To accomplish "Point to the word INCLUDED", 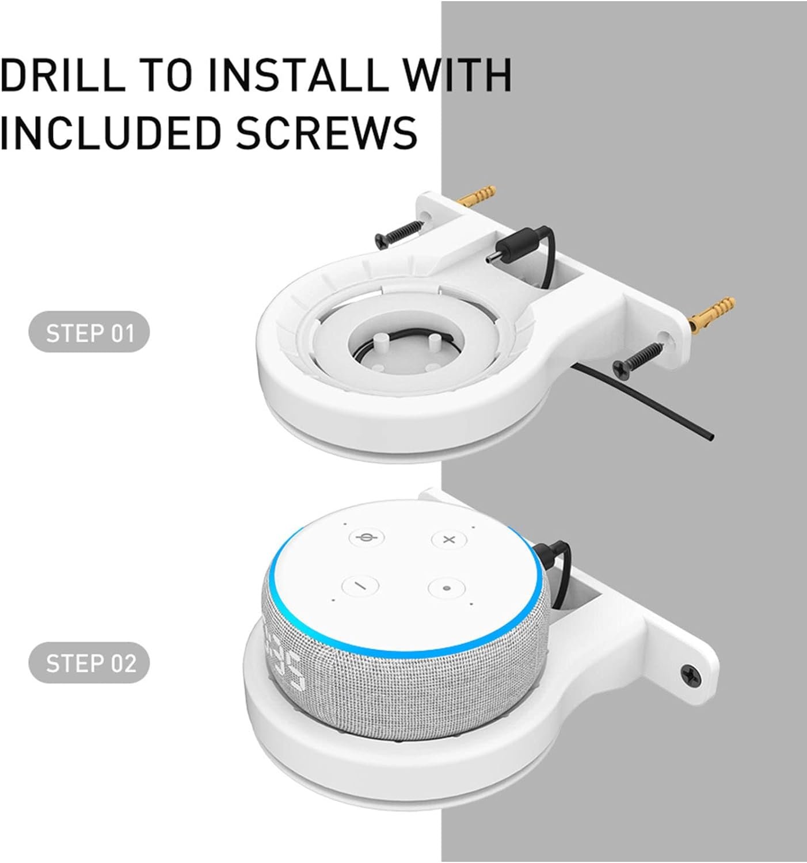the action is pos(109,132).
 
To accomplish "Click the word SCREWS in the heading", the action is pos(326,132).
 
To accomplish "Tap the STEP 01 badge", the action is pos(89,333).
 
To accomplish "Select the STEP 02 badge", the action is pos(89,663).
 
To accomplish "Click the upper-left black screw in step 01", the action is pos(399,234).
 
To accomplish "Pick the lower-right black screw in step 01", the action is pos(637,358).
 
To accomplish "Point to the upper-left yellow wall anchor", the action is pos(477,196).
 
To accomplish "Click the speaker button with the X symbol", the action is pos(449,540).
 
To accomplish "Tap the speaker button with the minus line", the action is pos(360,585).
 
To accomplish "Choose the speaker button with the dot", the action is pos(446,588).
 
